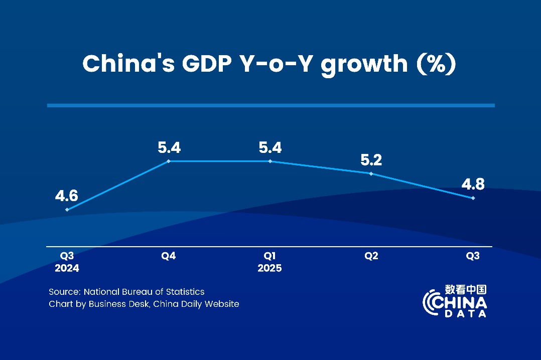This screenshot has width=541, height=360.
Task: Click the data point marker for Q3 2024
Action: [x=67, y=210]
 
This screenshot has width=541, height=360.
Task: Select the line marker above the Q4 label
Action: [x=169, y=161]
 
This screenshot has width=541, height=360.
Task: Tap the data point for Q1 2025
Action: [x=270, y=161]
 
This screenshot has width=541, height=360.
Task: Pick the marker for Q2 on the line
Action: [x=371, y=173]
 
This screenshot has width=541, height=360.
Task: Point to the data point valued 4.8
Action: [x=473, y=198]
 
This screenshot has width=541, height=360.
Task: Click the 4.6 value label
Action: [x=67, y=196]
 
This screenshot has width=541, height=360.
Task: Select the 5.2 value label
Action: [x=371, y=160]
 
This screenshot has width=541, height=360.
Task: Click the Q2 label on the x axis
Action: [x=371, y=256]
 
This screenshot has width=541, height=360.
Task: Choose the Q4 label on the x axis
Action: [x=169, y=256]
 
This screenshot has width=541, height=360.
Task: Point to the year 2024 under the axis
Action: [x=67, y=268]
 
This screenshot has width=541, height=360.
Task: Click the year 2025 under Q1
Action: [x=269, y=268]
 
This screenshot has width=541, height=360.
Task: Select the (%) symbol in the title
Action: [x=435, y=64]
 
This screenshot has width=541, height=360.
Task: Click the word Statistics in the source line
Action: [x=185, y=291]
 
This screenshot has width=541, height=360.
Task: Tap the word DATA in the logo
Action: [x=465, y=313]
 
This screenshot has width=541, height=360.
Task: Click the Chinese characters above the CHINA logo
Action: [x=465, y=290]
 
